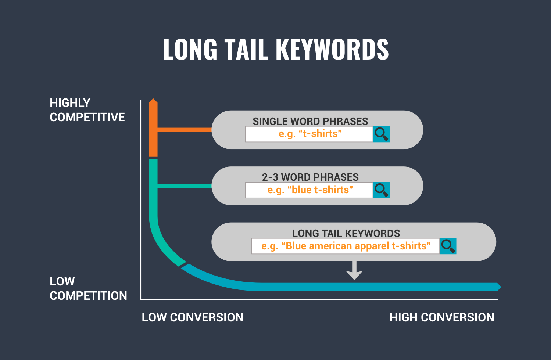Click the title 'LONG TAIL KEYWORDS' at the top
pos(276,49)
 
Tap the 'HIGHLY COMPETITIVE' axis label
pos(87,110)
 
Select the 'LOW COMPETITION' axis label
pos(88,288)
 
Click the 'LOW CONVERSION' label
pos(192,317)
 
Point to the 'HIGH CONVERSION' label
pos(442,317)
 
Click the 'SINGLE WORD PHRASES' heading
pos(310,121)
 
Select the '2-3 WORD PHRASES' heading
pos(310,177)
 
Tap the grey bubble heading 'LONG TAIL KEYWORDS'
pos(346,233)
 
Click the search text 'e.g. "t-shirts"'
pos(310,134)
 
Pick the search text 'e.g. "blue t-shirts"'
pos(310,190)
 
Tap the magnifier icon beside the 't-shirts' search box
pos(381,134)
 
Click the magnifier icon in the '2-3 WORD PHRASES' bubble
pos(381,190)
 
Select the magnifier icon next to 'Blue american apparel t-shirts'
pos(448,246)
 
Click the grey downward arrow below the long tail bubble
pos(354,270)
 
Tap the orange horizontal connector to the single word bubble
pos(185,130)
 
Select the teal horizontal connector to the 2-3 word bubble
pos(185,186)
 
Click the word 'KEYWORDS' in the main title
pos(332,49)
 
